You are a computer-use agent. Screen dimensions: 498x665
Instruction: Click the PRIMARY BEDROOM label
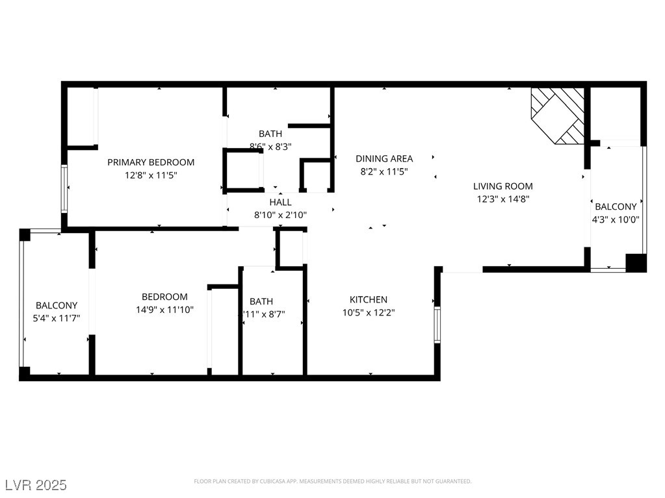(x=151, y=162)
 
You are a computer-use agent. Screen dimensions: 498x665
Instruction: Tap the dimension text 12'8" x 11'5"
(x=151, y=175)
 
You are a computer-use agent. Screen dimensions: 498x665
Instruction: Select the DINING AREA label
(x=384, y=158)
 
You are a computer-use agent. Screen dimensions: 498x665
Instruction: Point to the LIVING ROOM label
(x=502, y=186)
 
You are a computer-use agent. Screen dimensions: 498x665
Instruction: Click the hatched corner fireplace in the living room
(x=558, y=114)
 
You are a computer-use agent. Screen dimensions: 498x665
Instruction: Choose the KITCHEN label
(x=369, y=299)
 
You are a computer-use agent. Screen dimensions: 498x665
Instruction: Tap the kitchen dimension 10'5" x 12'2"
(x=369, y=312)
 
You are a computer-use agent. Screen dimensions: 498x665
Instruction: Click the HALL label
(x=280, y=202)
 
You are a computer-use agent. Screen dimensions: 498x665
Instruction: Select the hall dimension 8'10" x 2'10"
(x=280, y=215)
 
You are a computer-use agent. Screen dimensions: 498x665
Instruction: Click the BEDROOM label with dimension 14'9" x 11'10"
(x=164, y=297)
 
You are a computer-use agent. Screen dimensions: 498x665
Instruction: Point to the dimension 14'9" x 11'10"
(x=164, y=310)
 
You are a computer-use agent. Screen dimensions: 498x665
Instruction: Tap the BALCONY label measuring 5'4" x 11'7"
(x=57, y=305)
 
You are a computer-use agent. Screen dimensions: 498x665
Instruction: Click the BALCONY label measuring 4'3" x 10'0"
(x=616, y=206)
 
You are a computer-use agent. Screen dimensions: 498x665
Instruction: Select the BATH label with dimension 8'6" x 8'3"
(x=270, y=134)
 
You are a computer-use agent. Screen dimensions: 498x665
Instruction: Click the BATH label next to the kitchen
(x=261, y=301)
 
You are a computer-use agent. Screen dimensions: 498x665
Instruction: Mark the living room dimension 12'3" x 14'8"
(x=502, y=199)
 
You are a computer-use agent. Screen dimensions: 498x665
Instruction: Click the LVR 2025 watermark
(x=36, y=485)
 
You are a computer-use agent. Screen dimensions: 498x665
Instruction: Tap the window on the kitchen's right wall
(x=437, y=324)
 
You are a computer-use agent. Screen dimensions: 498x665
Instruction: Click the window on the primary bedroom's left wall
(x=64, y=188)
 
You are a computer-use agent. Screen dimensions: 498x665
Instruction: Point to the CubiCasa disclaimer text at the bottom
(x=332, y=481)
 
